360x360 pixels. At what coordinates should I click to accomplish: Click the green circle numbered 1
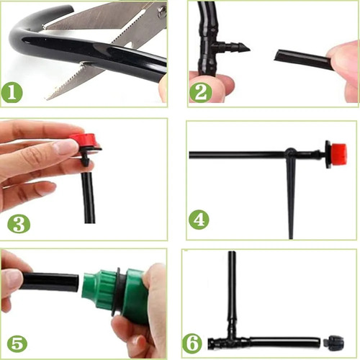pyautogui.click(x=12, y=93)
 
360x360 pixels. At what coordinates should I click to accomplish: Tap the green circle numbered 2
pyautogui.click(x=201, y=92)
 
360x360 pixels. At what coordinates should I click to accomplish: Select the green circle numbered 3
pyautogui.click(x=19, y=224)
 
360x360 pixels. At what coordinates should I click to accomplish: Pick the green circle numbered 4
pyautogui.click(x=199, y=220)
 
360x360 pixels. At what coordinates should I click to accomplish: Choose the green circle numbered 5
pyautogui.click(x=17, y=345)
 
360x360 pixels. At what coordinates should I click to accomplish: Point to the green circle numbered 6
pyautogui.click(x=192, y=343)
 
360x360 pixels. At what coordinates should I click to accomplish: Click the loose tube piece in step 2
pyautogui.click(x=303, y=60)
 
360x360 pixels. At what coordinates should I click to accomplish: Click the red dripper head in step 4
pyautogui.click(x=338, y=155)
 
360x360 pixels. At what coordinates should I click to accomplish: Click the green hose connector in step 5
pyautogui.click(x=114, y=293)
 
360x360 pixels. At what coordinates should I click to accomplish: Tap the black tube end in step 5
pyautogui.click(x=75, y=283)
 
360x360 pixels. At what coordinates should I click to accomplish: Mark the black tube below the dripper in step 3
pyautogui.click(x=88, y=197)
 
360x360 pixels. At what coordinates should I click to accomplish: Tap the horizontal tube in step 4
pyautogui.click(x=237, y=155)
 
